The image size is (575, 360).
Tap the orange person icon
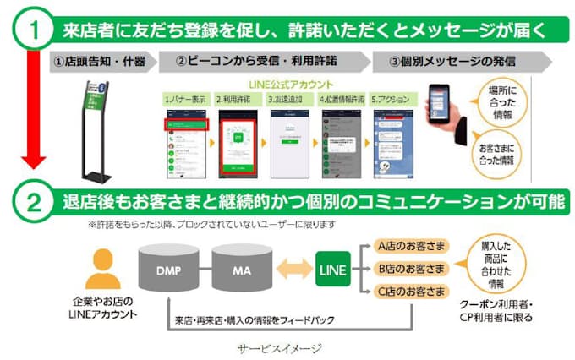coord(103,268)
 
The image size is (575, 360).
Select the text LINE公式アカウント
coord(288,84)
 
